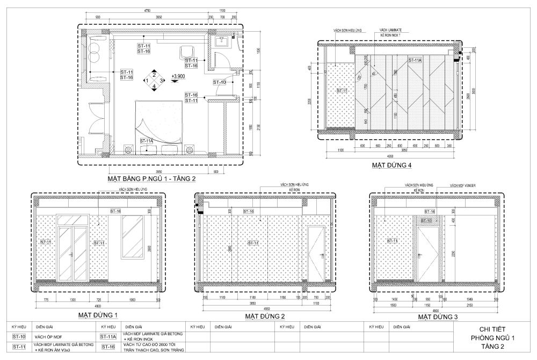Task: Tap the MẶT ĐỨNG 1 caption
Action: (97, 315)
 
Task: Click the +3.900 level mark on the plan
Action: (178, 77)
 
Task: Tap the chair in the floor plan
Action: (186, 52)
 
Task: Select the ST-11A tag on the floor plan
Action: (147, 141)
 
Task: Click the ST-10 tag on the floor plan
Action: (220, 82)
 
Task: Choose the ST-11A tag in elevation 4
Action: (415, 60)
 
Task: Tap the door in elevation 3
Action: (429, 252)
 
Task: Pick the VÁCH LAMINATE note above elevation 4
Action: (390, 30)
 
